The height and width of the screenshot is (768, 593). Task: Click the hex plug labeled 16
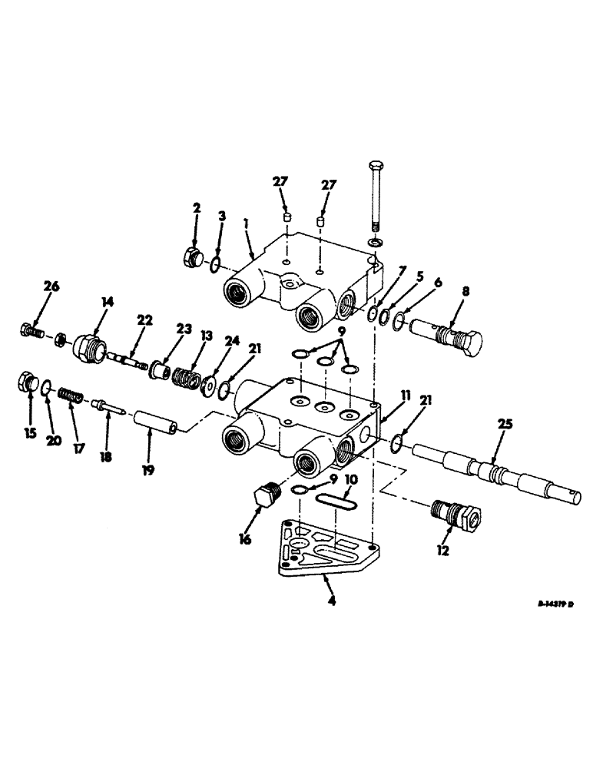click(266, 505)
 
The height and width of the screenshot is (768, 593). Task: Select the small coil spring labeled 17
click(73, 395)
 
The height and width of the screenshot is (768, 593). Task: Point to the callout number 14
click(106, 302)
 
